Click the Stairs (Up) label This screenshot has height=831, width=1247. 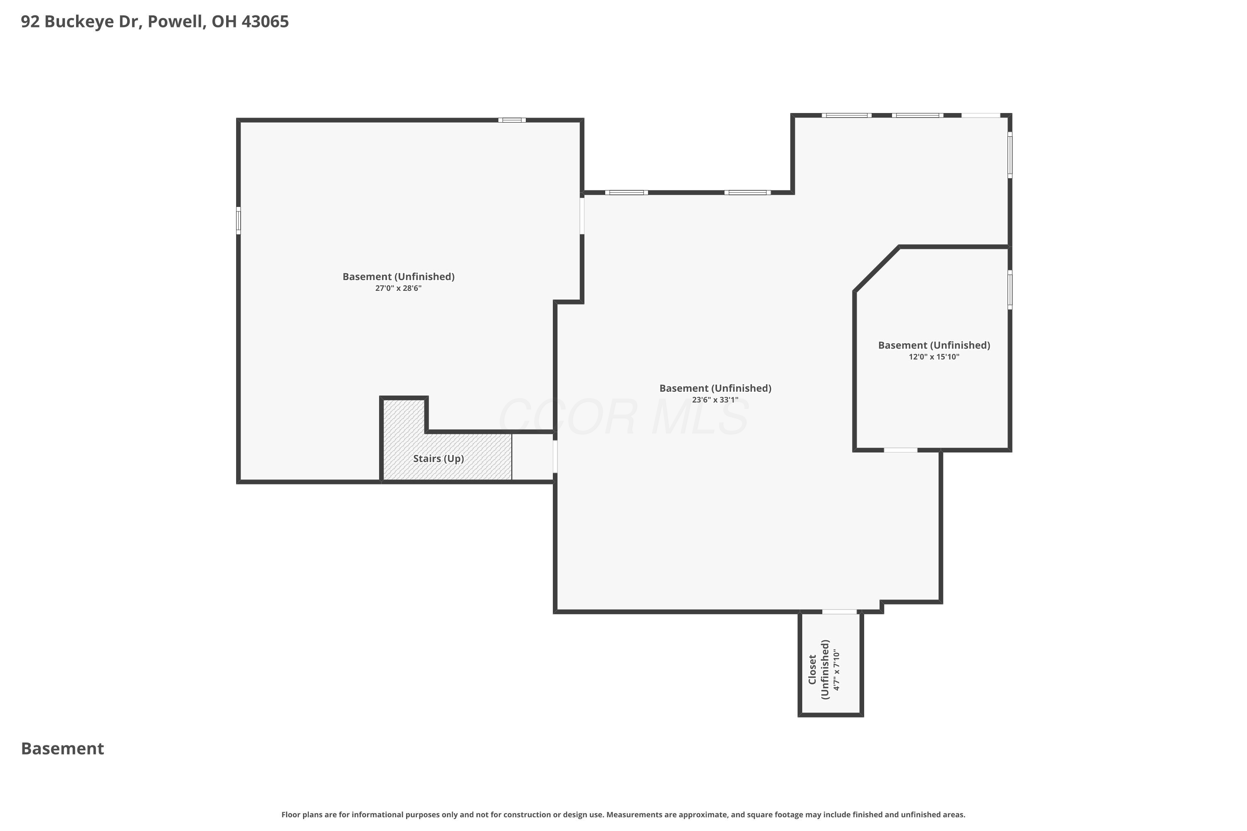coord(438,458)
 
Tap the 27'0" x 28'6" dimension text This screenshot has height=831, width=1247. coord(398,288)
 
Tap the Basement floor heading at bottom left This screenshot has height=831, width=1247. coord(63,748)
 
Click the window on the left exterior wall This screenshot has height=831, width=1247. coord(239,221)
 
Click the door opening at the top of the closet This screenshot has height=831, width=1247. coord(839,612)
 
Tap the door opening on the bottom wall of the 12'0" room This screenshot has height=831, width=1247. coord(900,450)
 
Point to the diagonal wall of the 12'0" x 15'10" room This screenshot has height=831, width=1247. coord(876,269)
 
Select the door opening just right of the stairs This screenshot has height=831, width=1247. coord(555,456)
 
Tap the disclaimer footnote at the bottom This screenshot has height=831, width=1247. coord(623,814)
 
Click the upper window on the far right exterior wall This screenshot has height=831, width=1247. coord(1010,155)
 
